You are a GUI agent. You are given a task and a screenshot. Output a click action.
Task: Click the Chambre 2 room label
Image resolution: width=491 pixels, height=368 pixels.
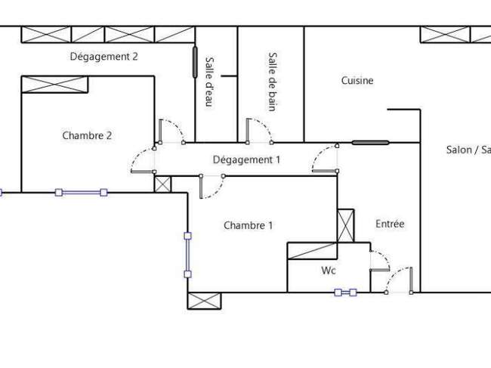click(87, 135)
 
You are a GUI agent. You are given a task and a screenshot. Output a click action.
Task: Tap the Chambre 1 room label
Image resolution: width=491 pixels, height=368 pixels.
click(248, 225)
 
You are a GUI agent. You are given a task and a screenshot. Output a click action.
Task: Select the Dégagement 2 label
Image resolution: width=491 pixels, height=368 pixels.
click(104, 57)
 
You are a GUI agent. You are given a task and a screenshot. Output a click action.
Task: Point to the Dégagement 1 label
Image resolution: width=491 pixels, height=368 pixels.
click(246, 159)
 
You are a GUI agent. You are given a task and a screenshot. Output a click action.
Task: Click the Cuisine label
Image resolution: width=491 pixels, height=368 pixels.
click(357, 81)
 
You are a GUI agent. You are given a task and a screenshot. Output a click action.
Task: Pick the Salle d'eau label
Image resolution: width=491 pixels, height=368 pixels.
click(209, 82)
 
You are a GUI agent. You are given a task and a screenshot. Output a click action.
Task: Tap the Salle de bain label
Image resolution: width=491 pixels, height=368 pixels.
click(273, 82)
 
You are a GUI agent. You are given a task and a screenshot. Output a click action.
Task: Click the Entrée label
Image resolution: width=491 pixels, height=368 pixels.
click(390, 224)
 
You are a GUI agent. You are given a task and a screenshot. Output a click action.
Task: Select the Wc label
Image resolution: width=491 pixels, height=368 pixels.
click(329, 271)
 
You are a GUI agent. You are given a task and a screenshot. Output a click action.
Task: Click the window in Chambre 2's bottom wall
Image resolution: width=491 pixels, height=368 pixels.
click(81, 193)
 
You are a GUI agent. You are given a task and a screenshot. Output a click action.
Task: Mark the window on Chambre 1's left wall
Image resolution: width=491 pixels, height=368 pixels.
click(187, 255)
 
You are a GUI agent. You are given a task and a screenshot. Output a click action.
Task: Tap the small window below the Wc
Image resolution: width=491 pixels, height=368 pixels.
click(345, 292)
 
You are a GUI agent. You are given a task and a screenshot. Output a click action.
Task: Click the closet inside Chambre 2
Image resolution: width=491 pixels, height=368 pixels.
click(54, 85)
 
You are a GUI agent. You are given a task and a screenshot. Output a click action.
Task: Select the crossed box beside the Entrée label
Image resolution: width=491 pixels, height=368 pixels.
click(346, 225)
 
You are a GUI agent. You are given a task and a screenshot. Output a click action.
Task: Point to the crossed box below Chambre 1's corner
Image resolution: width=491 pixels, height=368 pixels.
click(204, 301)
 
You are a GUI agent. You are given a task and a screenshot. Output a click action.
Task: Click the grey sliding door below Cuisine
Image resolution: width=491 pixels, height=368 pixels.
click(370, 143)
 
